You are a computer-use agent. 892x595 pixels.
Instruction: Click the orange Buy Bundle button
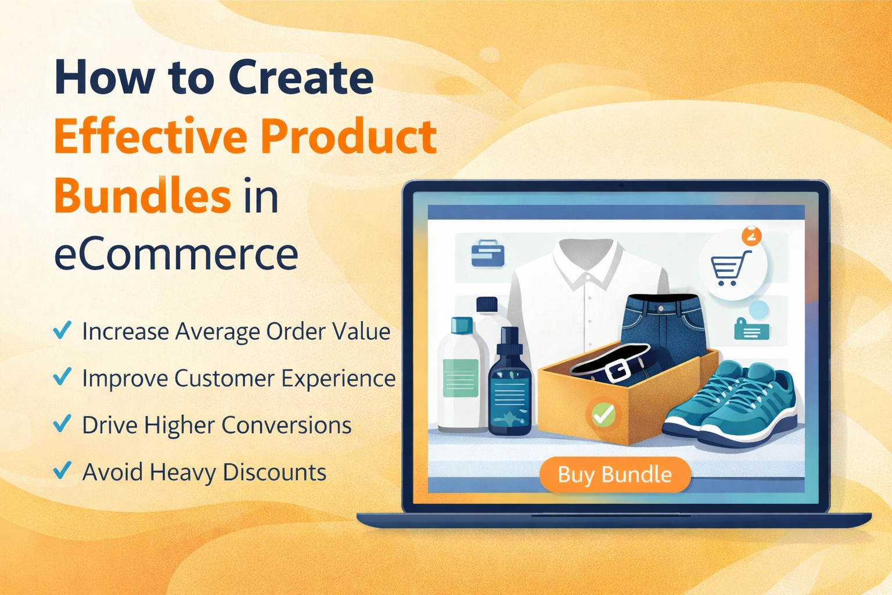point(615,475)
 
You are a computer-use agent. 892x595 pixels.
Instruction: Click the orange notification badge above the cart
point(751,236)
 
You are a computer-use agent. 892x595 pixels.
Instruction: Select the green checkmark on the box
point(603,414)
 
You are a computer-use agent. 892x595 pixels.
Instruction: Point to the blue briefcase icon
point(487,253)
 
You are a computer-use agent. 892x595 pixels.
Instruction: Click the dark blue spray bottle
point(510,389)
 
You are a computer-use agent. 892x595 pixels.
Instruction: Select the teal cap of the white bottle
point(462,325)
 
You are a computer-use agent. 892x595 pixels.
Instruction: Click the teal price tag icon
point(751,329)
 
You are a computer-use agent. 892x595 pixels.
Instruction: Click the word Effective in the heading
point(149,137)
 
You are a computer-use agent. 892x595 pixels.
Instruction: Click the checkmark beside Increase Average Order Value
point(62,330)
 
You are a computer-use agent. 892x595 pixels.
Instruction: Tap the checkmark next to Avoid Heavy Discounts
point(62,469)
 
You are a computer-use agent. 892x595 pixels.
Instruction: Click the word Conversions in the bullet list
point(286,425)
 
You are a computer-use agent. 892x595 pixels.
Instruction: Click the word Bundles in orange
point(142,196)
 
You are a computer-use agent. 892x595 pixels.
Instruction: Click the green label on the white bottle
point(460,378)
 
